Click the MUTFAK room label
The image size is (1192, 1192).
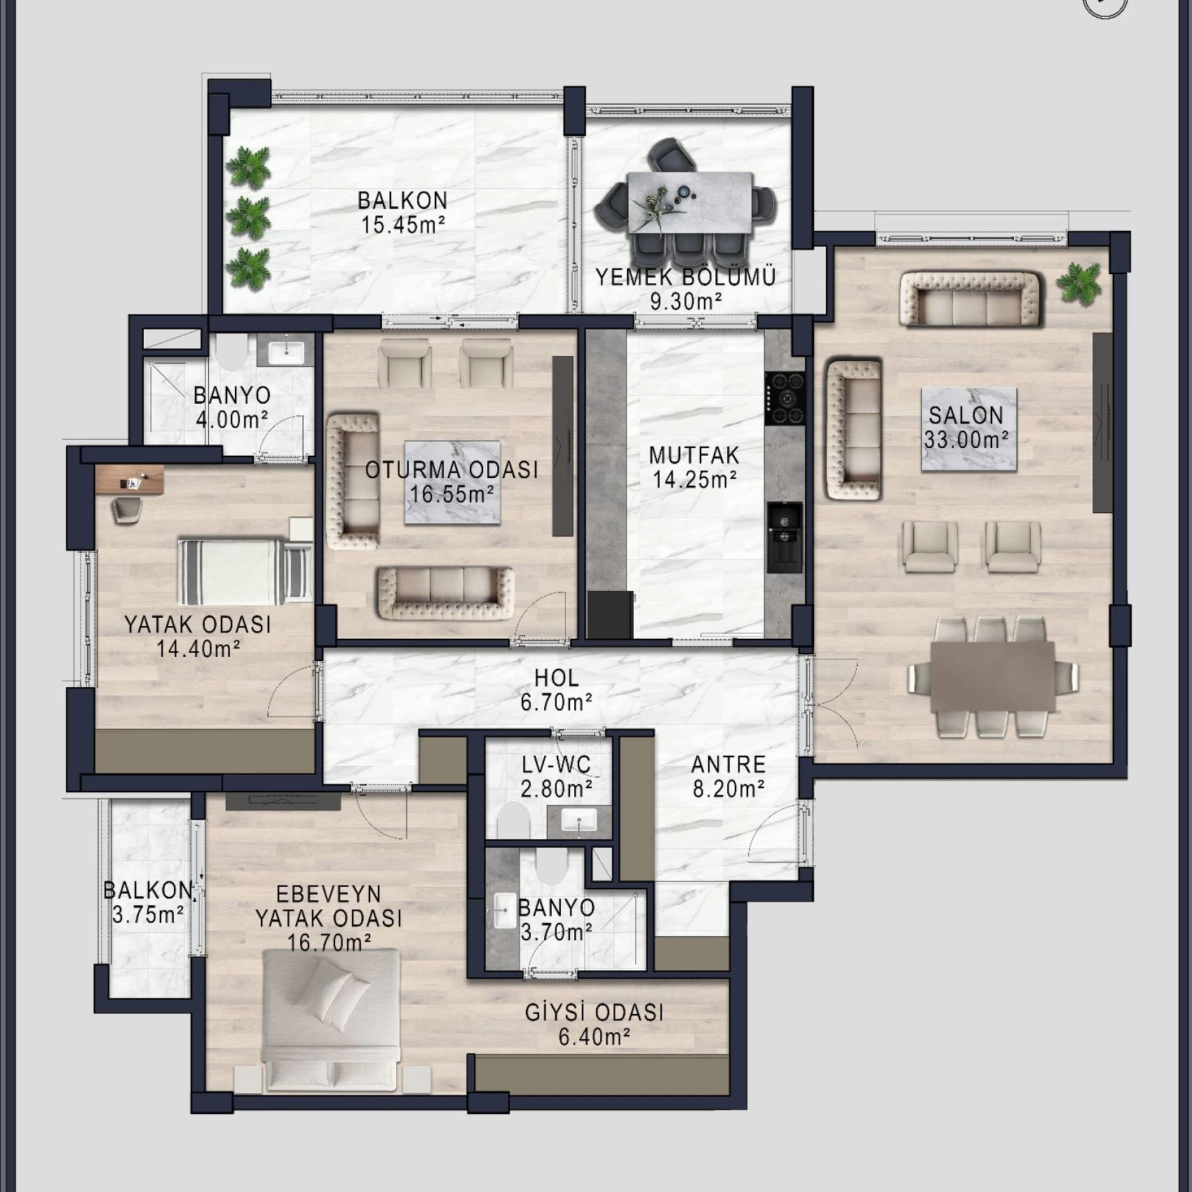tap(694, 456)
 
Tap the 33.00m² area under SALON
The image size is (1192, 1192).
tap(966, 440)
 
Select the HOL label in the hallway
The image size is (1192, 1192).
tap(557, 678)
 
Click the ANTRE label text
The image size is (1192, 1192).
tap(729, 764)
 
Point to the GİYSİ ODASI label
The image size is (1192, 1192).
tap(595, 1012)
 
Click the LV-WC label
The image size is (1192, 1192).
tap(556, 765)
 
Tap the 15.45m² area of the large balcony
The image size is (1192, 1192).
tap(403, 225)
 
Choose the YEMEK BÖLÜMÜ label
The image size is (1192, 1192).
tap(686, 277)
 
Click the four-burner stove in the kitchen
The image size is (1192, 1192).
tap(785, 398)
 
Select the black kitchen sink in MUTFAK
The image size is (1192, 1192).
tap(785, 536)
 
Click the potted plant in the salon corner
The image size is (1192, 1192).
tap(1079, 283)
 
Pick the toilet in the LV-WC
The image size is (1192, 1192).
tap(513, 820)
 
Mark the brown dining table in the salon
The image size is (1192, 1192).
tap(992, 676)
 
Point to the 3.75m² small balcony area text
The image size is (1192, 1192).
tap(148, 915)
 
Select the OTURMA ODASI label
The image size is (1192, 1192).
tap(452, 470)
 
